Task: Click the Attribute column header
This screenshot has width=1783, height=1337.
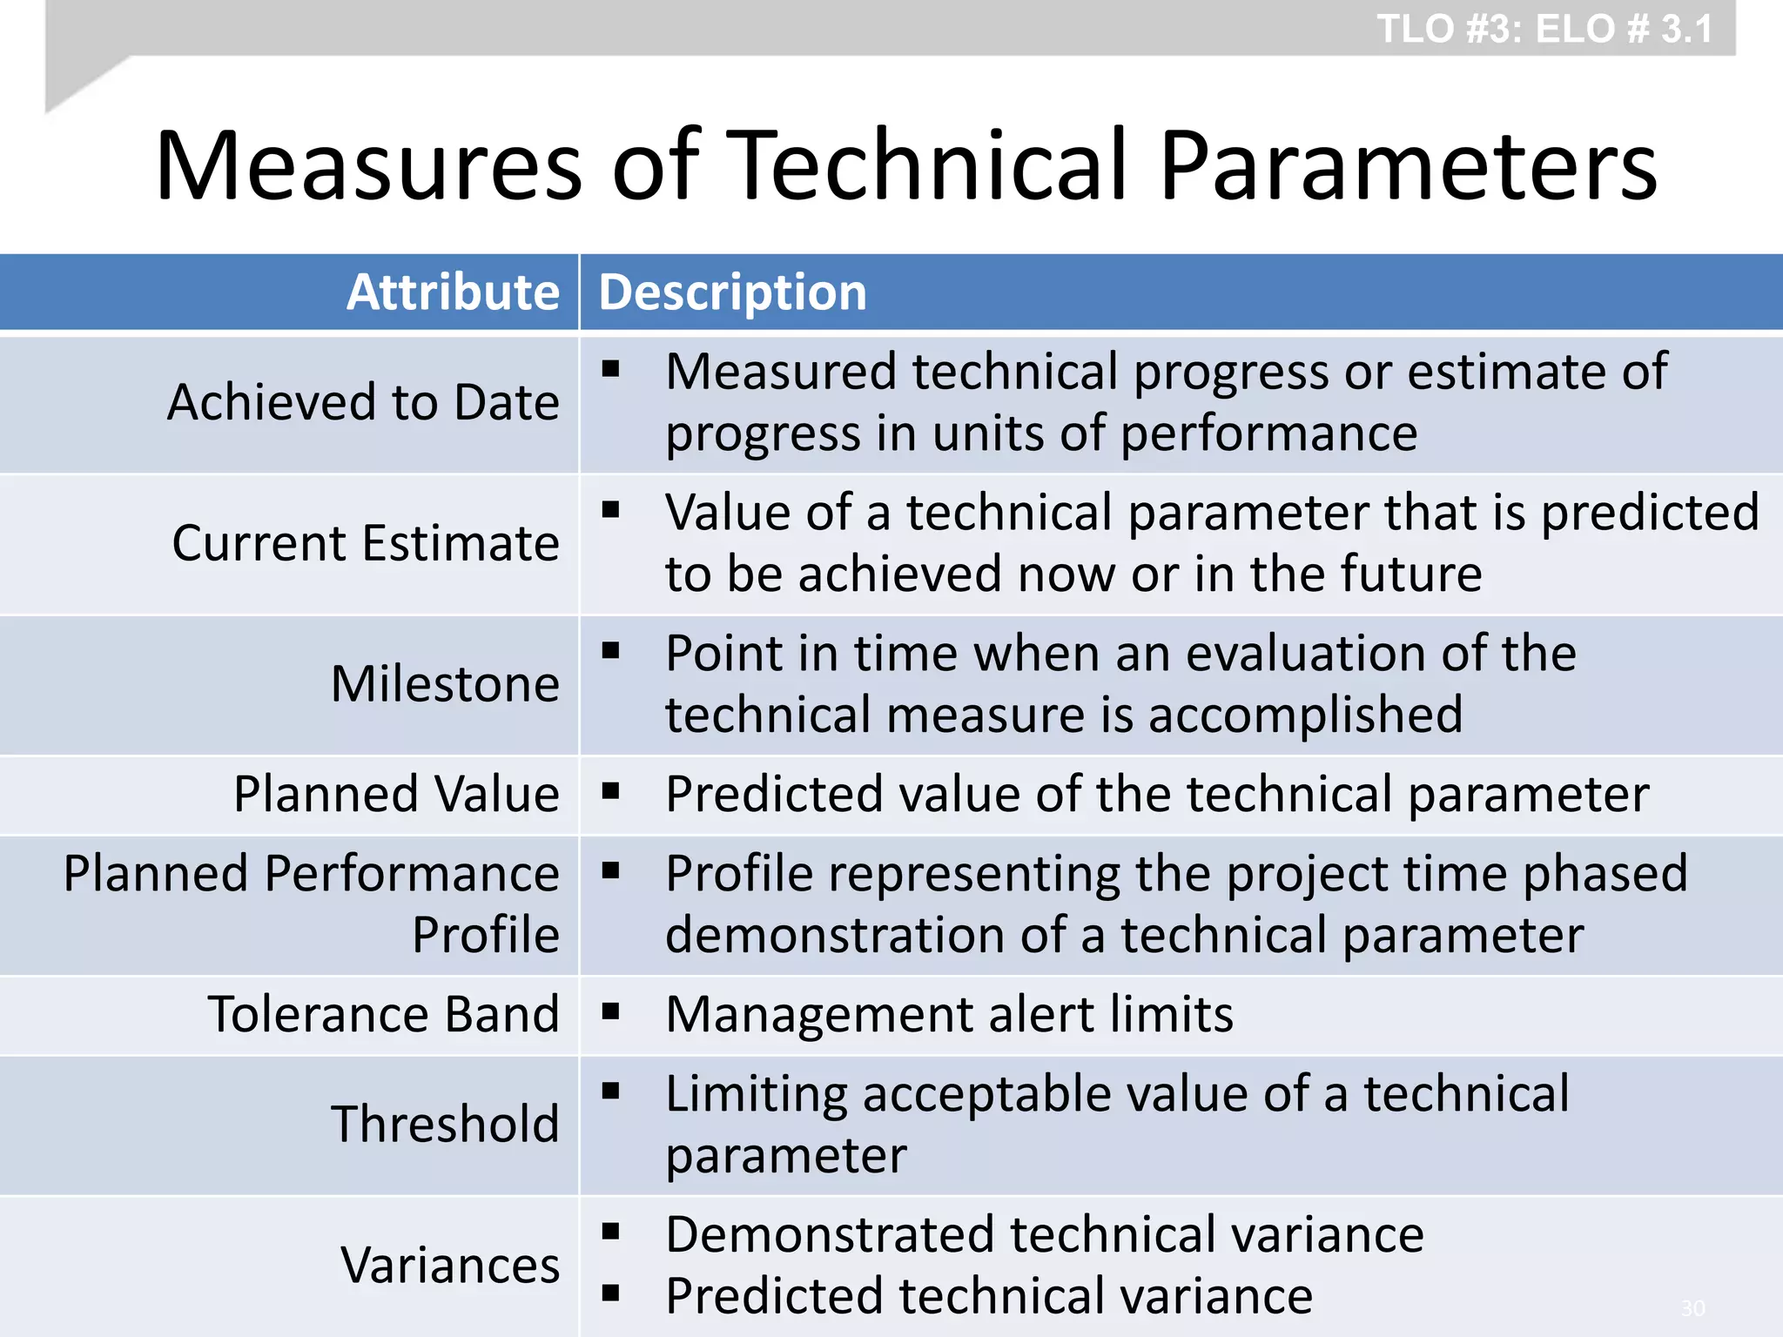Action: pos(453,292)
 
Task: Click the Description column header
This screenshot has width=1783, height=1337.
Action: pos(732,292)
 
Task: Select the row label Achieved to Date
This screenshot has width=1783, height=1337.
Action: pos(363,402)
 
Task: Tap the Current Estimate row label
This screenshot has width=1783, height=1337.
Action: pos(366,543)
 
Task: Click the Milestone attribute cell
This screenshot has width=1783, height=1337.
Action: pos(445,684)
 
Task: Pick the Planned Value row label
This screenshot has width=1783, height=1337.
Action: pos(396,795)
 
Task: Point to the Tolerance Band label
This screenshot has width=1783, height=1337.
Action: pos(383,1015)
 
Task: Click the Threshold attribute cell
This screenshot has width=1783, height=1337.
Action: pos(445,1124)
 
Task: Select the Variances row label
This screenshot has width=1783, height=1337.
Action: pos(450,1265)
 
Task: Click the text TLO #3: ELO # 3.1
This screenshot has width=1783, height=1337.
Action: pos(1544,29)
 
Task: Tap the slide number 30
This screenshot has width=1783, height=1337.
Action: pos(1692,1308)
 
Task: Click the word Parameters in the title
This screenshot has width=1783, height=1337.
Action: pos(1408,165)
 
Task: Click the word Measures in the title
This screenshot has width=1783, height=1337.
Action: pos(368,165)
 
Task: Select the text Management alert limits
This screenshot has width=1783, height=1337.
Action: pos(949,1015)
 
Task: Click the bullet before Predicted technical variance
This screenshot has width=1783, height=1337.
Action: pos(610,1293)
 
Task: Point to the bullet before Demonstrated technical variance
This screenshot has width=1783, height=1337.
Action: pos(610,1231)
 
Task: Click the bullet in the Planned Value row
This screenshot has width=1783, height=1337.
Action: pos(610,791)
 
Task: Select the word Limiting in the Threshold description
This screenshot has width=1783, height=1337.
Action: pos(756,1094)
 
